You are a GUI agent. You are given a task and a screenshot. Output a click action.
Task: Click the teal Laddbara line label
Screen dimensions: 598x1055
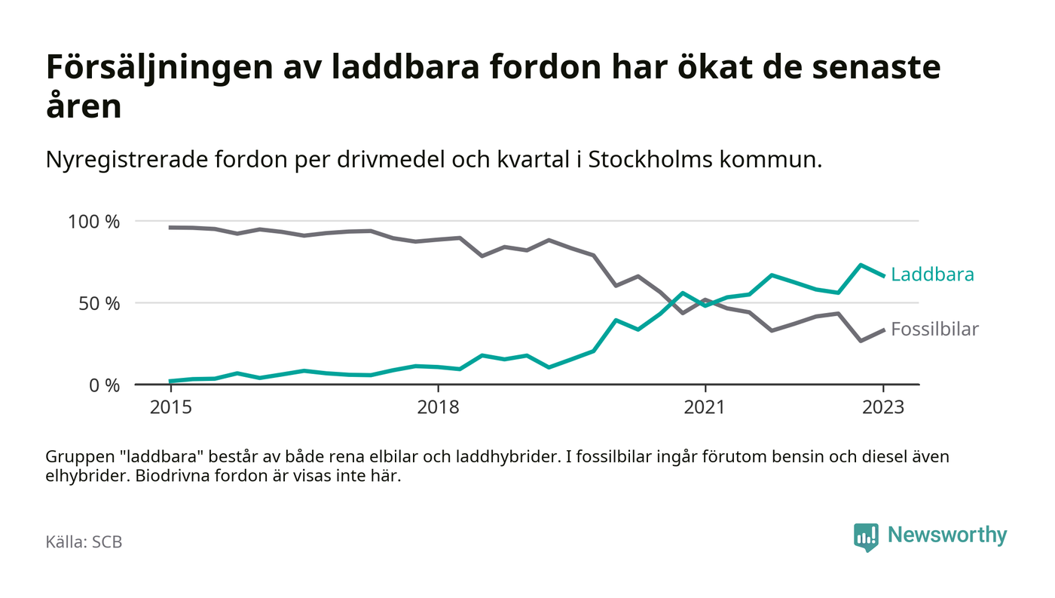[x=932, y=274]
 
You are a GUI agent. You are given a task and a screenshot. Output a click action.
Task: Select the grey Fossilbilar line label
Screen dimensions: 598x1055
[x=934, y=329]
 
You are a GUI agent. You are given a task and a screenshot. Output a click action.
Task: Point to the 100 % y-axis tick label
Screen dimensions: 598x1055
[x=93, y=222]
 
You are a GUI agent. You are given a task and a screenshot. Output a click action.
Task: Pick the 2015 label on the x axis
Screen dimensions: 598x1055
[x=171, y=407]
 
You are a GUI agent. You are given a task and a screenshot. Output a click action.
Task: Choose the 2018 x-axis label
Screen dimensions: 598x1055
[x=438, y=407]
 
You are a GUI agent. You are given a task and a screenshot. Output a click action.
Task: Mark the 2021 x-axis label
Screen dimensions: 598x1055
[x=705, y=407]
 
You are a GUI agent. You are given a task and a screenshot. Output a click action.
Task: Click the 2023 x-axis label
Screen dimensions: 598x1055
[x=883, y=407]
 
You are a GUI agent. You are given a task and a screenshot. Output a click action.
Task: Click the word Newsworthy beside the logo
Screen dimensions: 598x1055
[x=946, y=535]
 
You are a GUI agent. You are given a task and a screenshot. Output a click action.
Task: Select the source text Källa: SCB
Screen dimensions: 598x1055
[x=84, y=542]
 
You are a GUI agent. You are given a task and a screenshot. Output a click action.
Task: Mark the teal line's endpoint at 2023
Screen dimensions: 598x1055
[x=883, y=275]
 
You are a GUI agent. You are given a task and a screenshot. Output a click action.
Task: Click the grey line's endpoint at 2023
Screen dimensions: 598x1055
[x=883, y=330]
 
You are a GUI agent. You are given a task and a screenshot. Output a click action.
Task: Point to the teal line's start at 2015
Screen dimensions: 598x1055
[x=171, y=381]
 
